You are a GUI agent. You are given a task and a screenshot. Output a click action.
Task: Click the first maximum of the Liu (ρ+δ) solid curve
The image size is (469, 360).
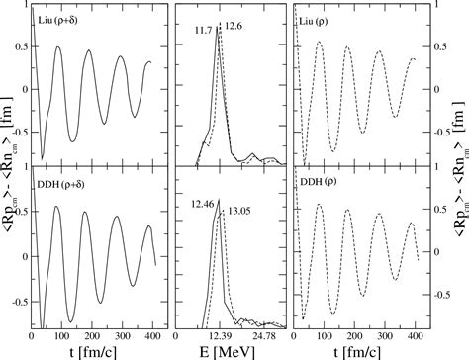point(58,47)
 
